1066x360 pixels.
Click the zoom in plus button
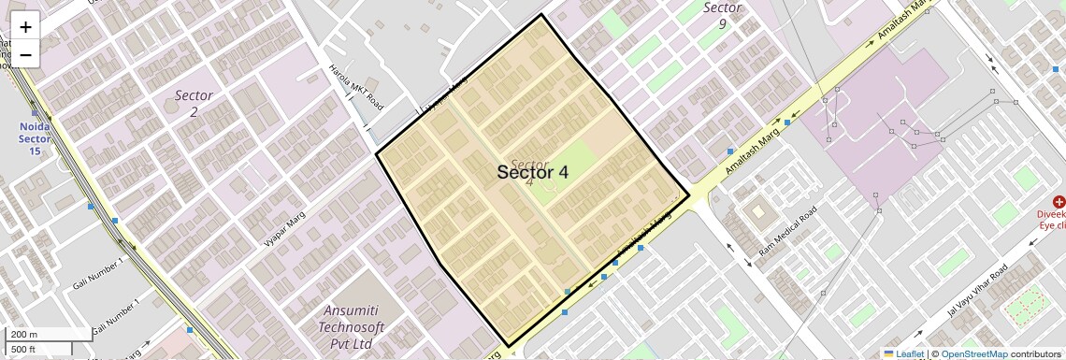tap(25, 27)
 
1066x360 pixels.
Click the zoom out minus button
tap(25, 54)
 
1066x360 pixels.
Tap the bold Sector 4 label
tap(532, 172)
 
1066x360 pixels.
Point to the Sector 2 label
tap(194, 103)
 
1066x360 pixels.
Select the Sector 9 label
tap(722, 16)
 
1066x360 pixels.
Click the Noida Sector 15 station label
tap(34, 138)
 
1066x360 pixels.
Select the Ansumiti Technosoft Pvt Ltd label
tap(359, 327)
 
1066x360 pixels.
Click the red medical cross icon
tap(1059, 202)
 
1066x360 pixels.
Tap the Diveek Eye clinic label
tap(1051, 220)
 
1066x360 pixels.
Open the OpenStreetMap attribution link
tap(973, 353)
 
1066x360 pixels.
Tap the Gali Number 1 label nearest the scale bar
tap(113, 314)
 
